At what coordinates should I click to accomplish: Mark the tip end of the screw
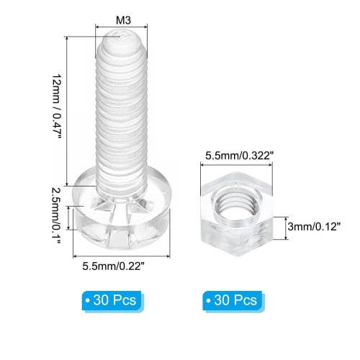121,36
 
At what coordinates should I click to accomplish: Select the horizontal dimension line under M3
121,26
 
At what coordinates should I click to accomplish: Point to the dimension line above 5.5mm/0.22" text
121,254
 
